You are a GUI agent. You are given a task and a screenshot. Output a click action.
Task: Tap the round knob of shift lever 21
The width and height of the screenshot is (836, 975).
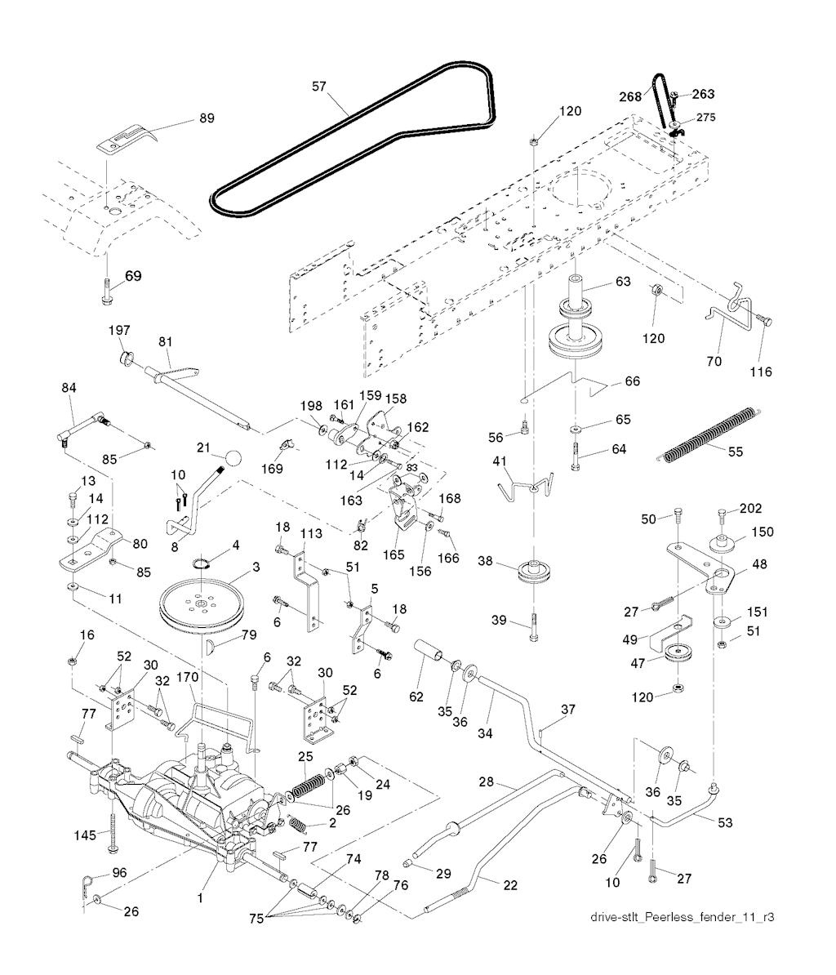pyautogui.click(x=236, y=456)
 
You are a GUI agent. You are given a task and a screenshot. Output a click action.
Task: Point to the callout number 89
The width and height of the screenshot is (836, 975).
pyautogui.click(x=207, y=118)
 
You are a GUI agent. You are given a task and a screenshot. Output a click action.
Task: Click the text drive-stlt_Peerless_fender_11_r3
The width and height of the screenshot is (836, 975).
pyautogui.click(x=682, y=917)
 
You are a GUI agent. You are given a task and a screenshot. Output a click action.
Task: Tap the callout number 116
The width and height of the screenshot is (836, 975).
pyautogui.click(x=759, y=372)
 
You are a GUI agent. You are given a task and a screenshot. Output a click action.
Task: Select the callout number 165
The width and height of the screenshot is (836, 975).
pyautogui.click(x=394, y=554)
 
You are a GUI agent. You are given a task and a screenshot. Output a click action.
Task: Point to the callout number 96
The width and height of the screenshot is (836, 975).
pyautogui.click(x=119, y=872)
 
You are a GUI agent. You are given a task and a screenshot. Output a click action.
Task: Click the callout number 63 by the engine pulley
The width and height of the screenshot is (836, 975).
pyautogui.click(x=623, y=283)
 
